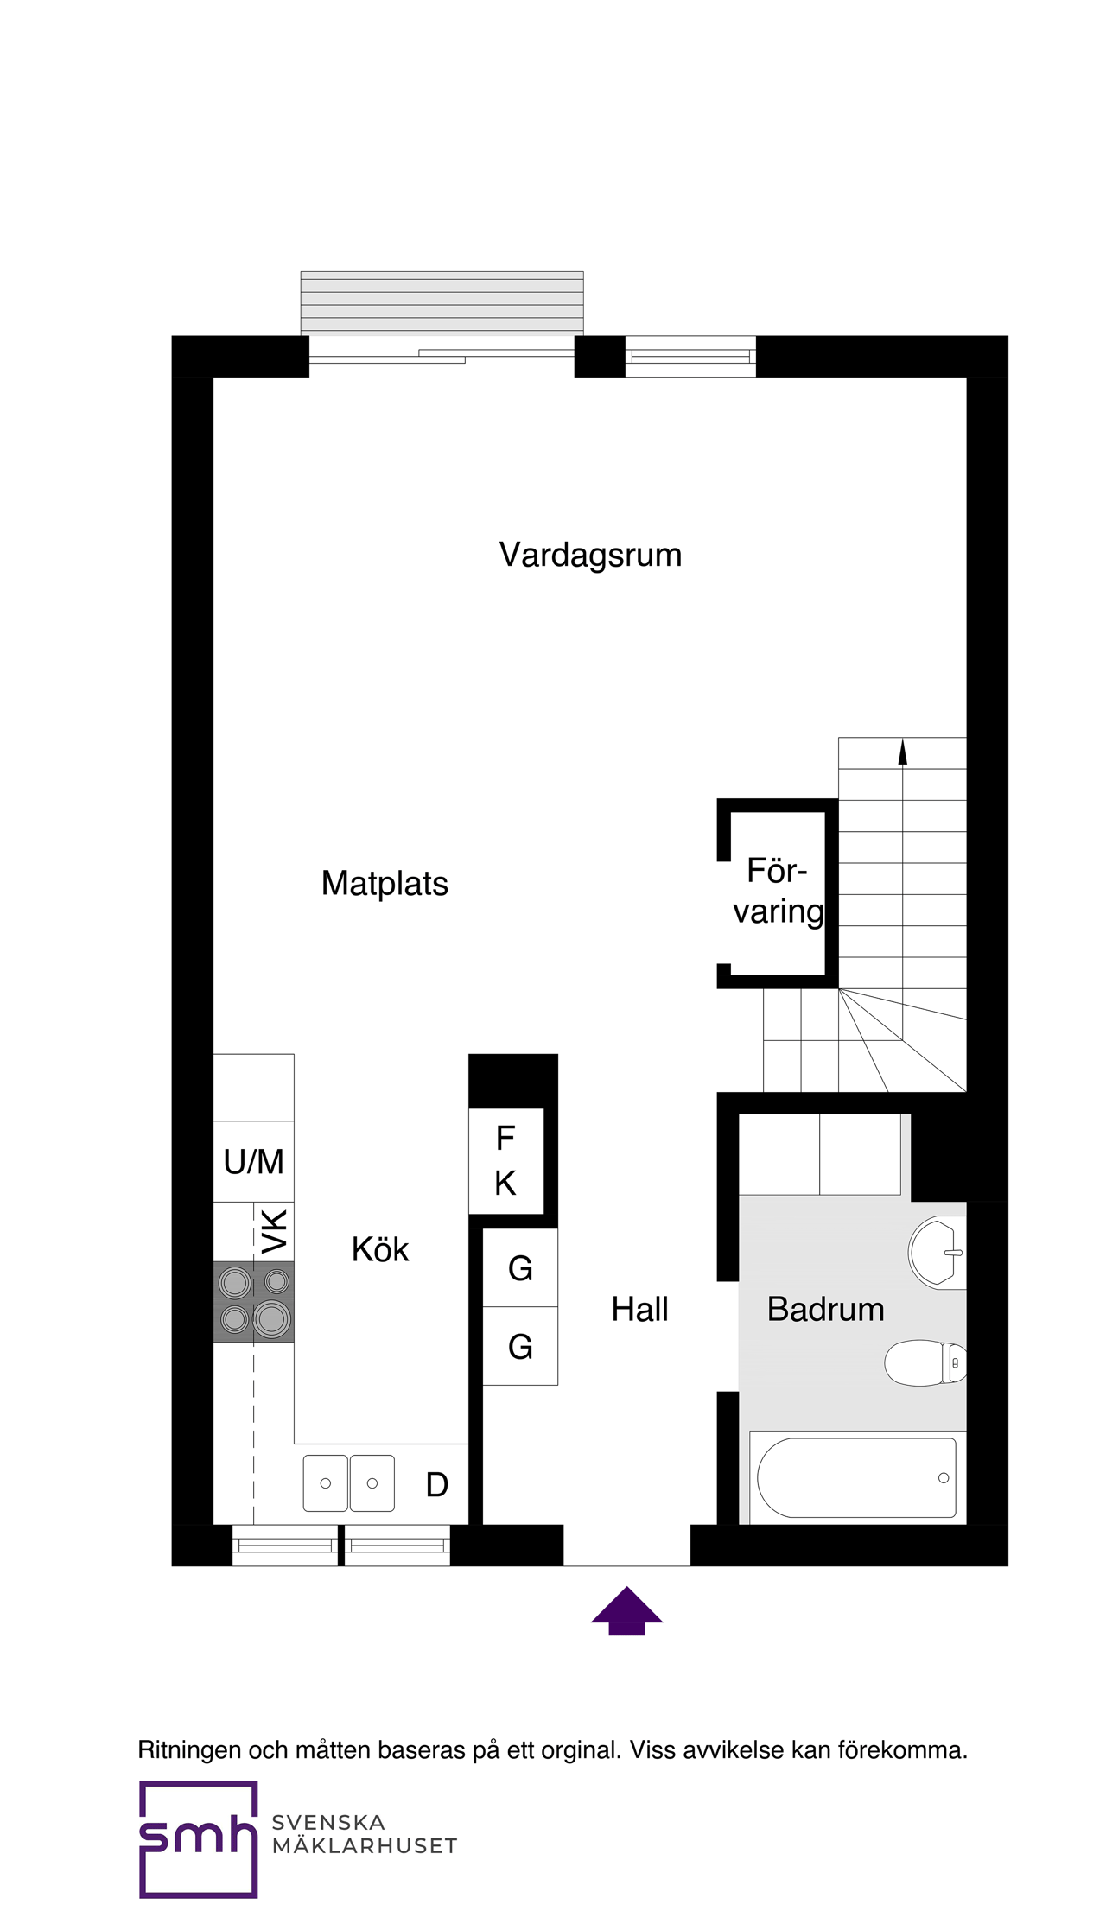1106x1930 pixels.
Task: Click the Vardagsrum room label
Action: pyautogui.click(x=590, y=555)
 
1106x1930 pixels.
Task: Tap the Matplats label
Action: pyautogui.click(x=385, y=884)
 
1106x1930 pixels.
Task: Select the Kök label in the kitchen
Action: pyautogui.click(x=379, y=1250)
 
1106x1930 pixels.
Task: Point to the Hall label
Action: pyautogui.click(x=639, y=1310)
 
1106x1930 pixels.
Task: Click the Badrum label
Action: pyautogui.click(x=825, y=1310)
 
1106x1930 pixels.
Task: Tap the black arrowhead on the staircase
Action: pyautogui.click(x=902, y=752)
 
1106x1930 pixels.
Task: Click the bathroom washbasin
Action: pyautogui.click(x=937, y=1253)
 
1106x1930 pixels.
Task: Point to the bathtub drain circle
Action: pyautogui.click(x=944, y=1478)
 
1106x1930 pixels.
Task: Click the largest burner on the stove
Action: pyautogui.click(x=272, y=1319)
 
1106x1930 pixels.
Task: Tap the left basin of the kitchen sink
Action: pyautogui.click(x=326, y=1483)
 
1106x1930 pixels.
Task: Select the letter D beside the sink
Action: pyautogui.click(x=437, y=1485)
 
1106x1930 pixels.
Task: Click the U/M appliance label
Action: pyautogui.click(x=253, y=1162)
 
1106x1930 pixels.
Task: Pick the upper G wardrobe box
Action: pyautogui.click(x=520, y=1268)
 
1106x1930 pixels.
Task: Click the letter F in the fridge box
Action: pyautogui.click(x=505, y=1139)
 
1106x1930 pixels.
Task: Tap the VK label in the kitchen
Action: pyautogui.click(x=274, y=1231)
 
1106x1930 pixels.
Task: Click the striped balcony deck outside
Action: pyautogui.click(x=442, y=302)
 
